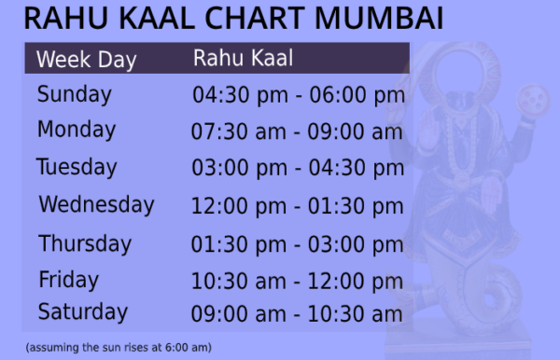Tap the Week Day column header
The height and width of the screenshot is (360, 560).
[x=86, y=61]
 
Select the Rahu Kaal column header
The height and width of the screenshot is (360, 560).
[x=244, y=59]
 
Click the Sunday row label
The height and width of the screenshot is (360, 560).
[x=75, y=95]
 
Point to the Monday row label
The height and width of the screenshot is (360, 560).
[x=77, y=131]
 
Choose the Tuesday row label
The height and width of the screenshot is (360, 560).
[x=77, y=168]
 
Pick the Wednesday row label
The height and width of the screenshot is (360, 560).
[x=96, y=204]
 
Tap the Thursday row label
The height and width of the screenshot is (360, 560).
[x=85, y=244]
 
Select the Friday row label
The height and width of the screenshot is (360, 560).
[x=68, y=280]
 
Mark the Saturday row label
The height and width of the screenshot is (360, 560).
[x=82, y=312]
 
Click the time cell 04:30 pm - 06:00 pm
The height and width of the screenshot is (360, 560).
[x=298, y=96]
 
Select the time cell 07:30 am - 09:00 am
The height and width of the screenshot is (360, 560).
[x=297, y=132]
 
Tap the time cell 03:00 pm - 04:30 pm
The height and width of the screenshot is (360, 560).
[x=298, y=169]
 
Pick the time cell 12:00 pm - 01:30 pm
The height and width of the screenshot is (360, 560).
[x=298, y=206]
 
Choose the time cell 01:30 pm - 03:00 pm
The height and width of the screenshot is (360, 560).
[x=298, y=245]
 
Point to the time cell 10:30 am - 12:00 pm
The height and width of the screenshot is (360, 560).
[x=298, y=281]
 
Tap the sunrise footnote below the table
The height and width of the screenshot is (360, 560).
[x=119, y=348]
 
